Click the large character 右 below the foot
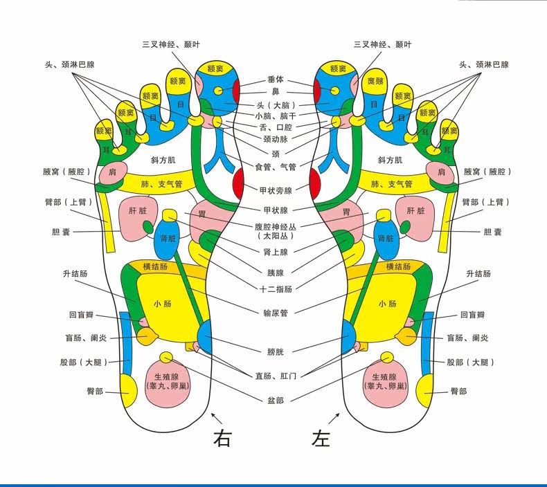(222, 439)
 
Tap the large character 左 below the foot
(321, 439)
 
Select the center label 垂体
(276, 80)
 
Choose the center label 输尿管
(274, 313)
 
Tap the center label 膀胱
(275, 351)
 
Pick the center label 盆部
(275, 400)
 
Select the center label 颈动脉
(275, 139)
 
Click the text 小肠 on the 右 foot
(163, 304)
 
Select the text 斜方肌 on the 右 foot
(163, 160)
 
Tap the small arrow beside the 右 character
(216, 418)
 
